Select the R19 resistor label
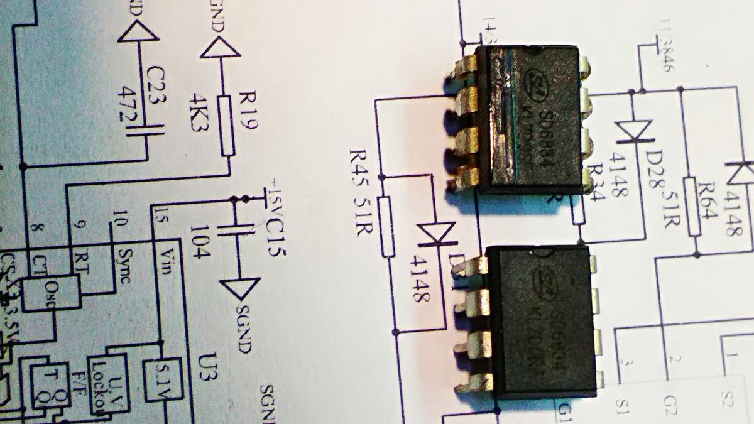pyautogui.click(x=245, y=112)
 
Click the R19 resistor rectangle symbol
pyautogui.click(x=228, y=126)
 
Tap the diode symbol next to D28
pyautogui.click(x=633, y=132)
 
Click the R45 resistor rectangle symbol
pyautogui.click(x=388, y=226)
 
